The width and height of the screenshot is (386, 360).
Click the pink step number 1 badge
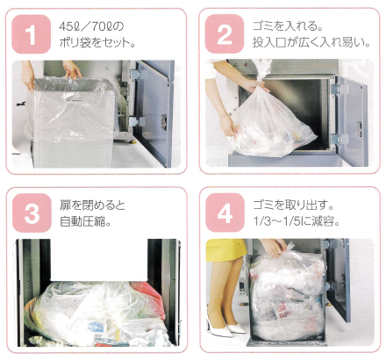point(31,34)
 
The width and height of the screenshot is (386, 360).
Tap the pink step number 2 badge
point(225,34)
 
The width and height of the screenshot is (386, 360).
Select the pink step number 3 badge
point(32,212)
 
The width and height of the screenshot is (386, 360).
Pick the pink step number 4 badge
point(225,212)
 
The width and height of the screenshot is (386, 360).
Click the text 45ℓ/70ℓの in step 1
point(91,26)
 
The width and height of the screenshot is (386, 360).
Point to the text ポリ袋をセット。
point(97,43)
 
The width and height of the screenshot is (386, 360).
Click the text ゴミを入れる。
point(288,26)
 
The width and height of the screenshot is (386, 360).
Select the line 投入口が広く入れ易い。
point(311,43)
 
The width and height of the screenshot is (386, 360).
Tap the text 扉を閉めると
point(92,205)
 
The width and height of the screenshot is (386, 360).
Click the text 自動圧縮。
point(85,221)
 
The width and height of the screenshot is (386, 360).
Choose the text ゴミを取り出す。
point(293,205)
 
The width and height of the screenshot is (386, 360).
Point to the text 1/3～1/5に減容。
point(297,221)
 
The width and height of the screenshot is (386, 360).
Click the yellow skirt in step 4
point(225,249)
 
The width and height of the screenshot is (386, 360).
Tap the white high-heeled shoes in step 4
point(225,327)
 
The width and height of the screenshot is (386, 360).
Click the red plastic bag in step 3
point(149,297)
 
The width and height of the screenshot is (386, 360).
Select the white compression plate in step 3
point(99,259)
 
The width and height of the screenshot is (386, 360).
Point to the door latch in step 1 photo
point(164,121)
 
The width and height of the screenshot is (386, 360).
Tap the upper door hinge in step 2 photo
point(336,89)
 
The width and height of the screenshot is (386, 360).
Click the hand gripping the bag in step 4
point(273,248)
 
